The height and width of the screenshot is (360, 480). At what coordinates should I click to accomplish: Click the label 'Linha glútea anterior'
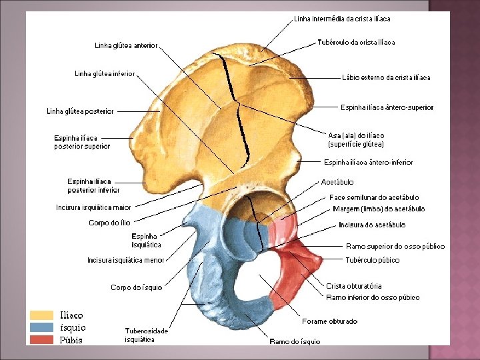click(126, 46)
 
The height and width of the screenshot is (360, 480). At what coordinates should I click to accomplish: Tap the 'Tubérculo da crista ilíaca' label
click(356, 42)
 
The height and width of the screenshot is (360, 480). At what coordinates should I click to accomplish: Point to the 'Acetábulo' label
click(337, 182)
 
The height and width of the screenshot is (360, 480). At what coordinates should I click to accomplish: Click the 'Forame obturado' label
click(329, 321)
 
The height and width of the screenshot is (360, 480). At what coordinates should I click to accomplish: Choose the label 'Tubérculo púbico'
click(373, 260)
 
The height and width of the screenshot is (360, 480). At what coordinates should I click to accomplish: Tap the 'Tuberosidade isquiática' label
click(147, 335)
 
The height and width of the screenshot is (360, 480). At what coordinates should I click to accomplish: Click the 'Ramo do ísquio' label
click(295, 341)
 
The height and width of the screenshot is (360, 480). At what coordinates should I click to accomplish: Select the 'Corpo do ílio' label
click(109, 223)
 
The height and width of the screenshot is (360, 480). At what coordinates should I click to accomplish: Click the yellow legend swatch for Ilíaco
click(41, 315)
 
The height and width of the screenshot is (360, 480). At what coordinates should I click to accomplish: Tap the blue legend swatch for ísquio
click(41, 327)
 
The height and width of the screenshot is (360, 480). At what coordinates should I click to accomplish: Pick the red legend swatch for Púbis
click(41, 339)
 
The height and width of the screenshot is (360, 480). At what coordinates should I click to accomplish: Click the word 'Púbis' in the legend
click(71, 340)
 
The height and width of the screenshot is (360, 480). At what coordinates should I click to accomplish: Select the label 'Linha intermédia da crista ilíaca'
click(342, 19)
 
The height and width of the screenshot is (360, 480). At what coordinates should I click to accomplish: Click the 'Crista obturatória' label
click(353, 286)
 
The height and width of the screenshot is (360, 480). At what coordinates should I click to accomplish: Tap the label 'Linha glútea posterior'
click(80, 111)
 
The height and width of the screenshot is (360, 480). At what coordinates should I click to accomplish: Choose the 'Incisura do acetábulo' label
click(372, 225)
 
